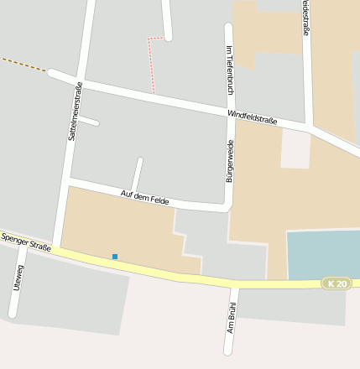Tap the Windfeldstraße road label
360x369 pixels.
(x=252, y=117)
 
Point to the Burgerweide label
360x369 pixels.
(x=229, y=161)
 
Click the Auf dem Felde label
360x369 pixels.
(x=144, y=198)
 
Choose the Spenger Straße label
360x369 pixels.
(x=26, y=242)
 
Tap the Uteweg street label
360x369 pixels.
(x=18, y=278)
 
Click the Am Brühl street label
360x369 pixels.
(x=232, y=319)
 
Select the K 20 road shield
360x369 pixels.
(x=337, y=283)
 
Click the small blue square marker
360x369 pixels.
(x=115, y=257)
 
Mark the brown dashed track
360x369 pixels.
(x=23, y=65)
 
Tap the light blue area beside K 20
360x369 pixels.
(x=323, y=253)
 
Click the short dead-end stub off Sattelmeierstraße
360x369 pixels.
(x=89, y=121)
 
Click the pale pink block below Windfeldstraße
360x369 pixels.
(x=295, y=148)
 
